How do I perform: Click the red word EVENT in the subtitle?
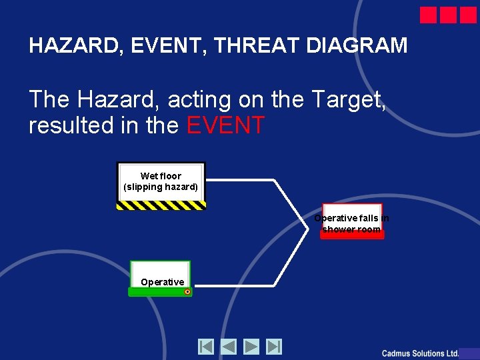point(226,125)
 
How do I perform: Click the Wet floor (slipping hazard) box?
point(161,182)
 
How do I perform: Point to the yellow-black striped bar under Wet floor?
point(161,206)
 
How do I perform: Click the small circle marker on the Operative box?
point(187,292)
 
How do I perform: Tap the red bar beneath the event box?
point(352,235)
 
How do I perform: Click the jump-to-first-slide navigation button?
point(206,347)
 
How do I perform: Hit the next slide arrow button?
point(251,347)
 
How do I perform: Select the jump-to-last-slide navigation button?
point(274,347)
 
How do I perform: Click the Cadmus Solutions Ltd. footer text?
point(420,353)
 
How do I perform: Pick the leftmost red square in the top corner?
point(429,15)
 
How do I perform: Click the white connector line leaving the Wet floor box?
point(240,180)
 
